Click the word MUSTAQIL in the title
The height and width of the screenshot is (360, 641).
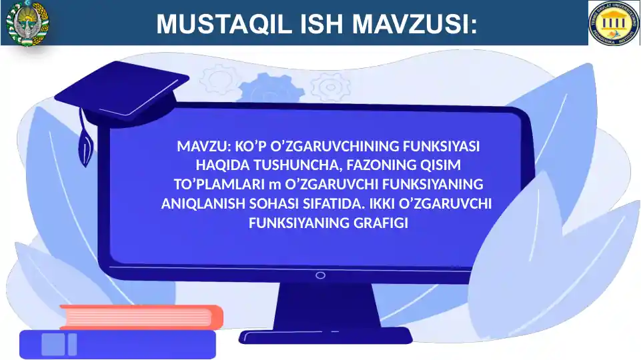[x=224, y=23]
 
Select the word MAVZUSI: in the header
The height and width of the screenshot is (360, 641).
[x=414, y=23]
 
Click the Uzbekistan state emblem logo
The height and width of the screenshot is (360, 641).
[x=27, y=23]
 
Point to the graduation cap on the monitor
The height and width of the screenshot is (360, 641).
[x=122, y=94]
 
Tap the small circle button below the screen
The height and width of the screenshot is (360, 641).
[x=320, y=275]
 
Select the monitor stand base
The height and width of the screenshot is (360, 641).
[x=326, y=336]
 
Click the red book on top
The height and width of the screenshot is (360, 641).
[x=141, y=317]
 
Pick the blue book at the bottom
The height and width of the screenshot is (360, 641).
[x=118, y=345]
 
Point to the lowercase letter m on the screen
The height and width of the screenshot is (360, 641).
[x=275, y=185]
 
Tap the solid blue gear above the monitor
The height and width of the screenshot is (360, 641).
[x=271, y=89]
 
